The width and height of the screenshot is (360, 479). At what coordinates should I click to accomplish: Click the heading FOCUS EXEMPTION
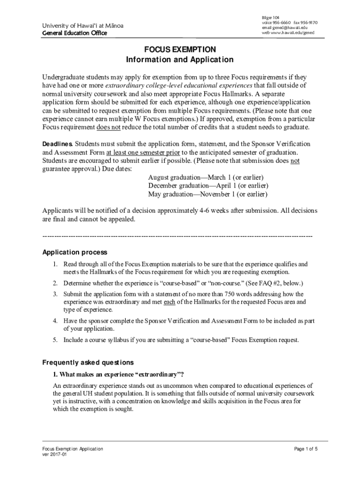[180, 50]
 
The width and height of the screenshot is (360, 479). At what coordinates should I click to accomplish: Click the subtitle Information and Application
[180, 60]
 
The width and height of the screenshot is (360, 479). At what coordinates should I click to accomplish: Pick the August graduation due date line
[206, 178]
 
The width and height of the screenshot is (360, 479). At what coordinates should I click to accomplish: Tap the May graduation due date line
[208, 194]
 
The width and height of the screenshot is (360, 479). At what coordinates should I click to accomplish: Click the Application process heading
[75, 253]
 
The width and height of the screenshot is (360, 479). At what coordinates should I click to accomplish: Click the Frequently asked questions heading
[88, 363]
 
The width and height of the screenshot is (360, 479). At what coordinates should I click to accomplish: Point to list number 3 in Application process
[55, 294]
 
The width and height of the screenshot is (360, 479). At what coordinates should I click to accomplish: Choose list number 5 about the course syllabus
[55, 340]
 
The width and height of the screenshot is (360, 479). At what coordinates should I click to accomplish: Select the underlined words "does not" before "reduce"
[108, 127]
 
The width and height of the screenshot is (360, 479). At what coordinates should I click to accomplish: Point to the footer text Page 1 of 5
[306, 449]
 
